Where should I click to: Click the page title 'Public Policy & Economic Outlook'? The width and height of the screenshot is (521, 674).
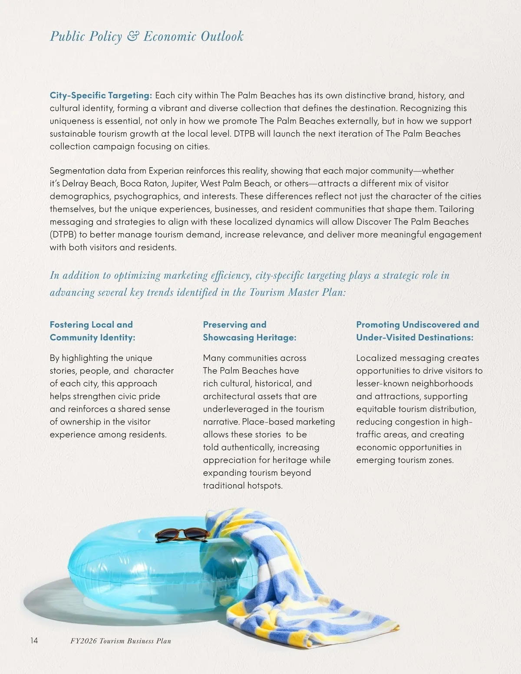click(x=147, y=36)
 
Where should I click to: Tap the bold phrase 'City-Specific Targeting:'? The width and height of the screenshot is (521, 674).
click(x=101, y=95)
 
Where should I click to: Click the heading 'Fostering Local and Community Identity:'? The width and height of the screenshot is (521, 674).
click(x=92, y=331)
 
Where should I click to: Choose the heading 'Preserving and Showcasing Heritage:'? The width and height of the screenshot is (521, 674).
click(x=249, y=331)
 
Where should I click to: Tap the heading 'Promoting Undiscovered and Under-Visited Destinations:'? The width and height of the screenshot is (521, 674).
click(x=417, y=331)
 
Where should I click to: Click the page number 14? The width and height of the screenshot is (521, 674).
click(x=34, y=640)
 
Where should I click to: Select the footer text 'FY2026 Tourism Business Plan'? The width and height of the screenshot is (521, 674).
click(x=120, y=641)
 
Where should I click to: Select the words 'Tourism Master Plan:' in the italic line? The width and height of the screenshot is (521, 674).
click(x=297, y=293)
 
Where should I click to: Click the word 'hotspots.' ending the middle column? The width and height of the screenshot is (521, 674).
click(x=265, y=486)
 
